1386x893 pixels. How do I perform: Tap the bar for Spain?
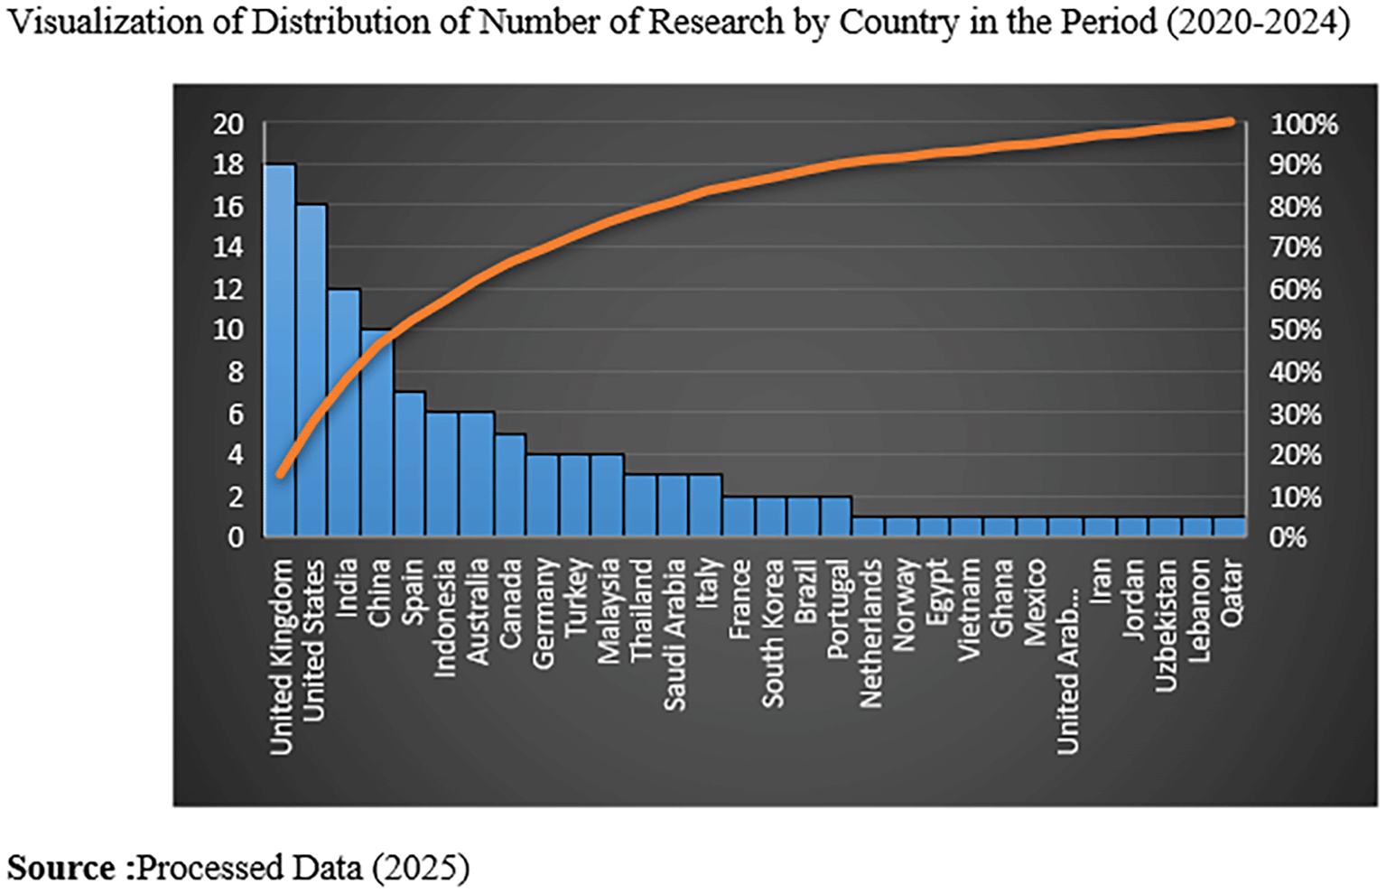(x=410, y=464)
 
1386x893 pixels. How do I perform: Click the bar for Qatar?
(x=1230, y=527)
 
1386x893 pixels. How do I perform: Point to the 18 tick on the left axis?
(x=228, y=164)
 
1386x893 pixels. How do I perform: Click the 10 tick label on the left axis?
(x=228, y=330)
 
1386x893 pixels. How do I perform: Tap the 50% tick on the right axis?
(x=1296, y=330)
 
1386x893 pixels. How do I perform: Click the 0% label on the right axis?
(x=1288, y=537)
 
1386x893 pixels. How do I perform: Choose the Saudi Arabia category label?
(x=674, y=634)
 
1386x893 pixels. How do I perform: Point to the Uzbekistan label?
(x=1166, y=625)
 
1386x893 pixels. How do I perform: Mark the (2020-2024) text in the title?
(x=1258, y=22)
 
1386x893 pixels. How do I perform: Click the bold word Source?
(x=61, y=868)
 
